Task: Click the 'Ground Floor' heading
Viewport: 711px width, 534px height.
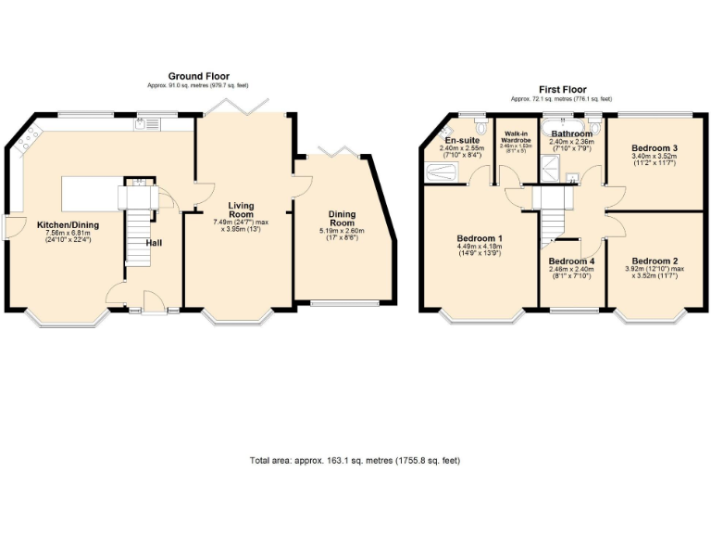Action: tap(198, 76)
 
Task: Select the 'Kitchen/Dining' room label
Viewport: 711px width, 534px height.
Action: tap(68, 224)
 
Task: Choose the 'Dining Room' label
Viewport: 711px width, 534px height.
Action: tap(342, 218)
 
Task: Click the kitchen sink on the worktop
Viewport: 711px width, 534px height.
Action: tap(147, 124)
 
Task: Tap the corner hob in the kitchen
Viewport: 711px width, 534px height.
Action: tap(26, 140)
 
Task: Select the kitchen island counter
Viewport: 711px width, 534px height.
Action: tap(91, 194)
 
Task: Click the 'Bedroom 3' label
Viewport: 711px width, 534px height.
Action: tap(654, 147)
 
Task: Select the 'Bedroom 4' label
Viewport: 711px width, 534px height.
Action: tap(572, 262)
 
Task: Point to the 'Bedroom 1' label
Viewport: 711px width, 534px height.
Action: tap(480, 238)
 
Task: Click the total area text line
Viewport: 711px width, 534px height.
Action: tap(355, 460)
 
